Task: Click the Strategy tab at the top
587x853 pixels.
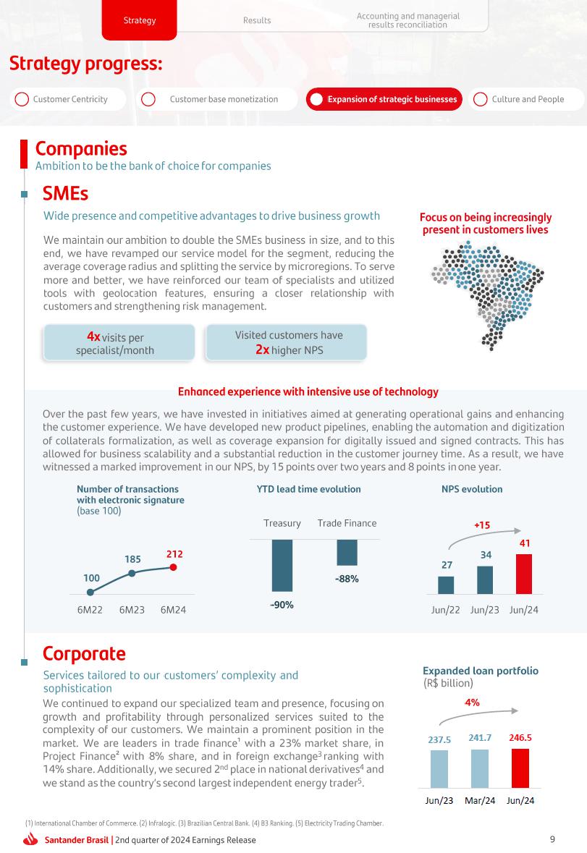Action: pyautogui.click(x=140, y=20)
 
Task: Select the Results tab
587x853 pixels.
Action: pyautogui.click(x=257, y=20)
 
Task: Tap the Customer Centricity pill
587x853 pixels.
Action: pyautogui.click(x=69, y=99)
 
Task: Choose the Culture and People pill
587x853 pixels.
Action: pyautogui.click(x=527, y=99)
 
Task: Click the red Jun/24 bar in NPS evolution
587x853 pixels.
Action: pyautogui.click(x=524, y=574)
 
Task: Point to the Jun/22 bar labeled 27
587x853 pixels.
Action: pyautogui.click(x=446, y=585)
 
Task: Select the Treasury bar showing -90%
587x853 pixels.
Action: pyautogui.click(x=282, y=565)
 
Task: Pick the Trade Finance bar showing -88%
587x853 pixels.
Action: pyautogui.click(x=347, y=552)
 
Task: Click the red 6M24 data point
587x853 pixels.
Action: pyautogui.click(x=173, y=567)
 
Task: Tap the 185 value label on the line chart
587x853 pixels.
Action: pyautogui.click(x=132, y=559)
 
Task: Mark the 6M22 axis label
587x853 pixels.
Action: pyautogui.click(x=91, y=610)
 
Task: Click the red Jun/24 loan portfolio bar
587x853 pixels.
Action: pyautogui.click(x=520, y=768)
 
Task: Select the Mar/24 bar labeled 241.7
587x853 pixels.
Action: pyautogui.click(x=480, y=768)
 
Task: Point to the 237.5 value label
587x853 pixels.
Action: pyautogui.click(x=439, y=739)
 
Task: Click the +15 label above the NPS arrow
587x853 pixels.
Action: pyautogui.click(x=482, y=525)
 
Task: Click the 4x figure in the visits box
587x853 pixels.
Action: pyautogui.click(x=93, y=336)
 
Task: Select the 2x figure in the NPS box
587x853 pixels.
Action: pyautogui.click(x=262, y=349)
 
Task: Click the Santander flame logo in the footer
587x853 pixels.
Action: pyautogui.click(x=30, y=840)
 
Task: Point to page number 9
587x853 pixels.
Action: pyautogui.click(x=552, y=839)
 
